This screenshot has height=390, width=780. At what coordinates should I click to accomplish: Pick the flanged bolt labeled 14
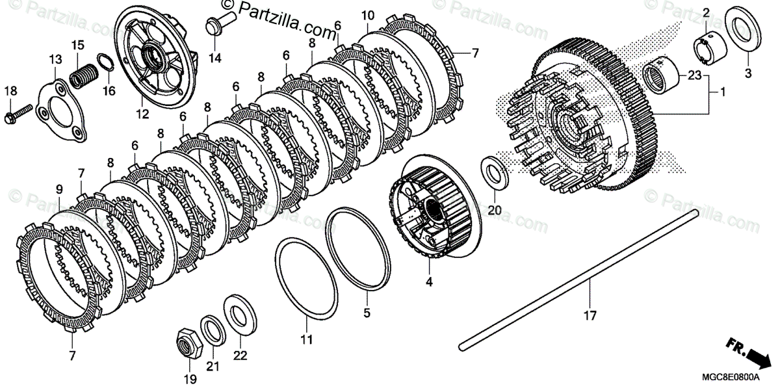(x=214, y=25)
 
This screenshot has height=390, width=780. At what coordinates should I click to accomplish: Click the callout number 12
(x=142, y=114)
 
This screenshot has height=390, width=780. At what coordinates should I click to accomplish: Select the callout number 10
(x=368, y=15)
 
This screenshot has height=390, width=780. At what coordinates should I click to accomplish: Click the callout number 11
(x=306, y=339)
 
